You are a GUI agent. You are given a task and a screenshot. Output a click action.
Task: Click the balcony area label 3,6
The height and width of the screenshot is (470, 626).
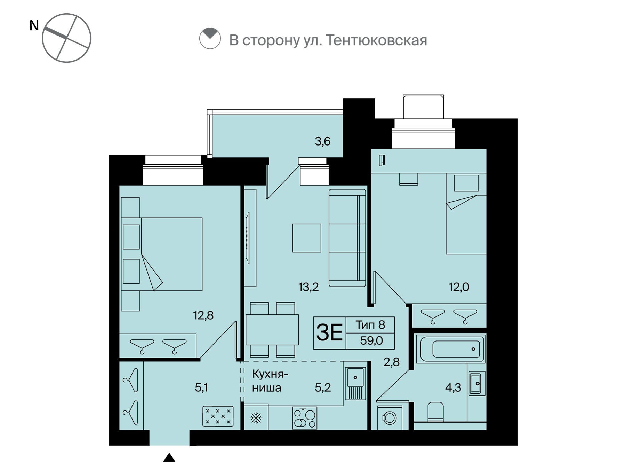pos(322,141)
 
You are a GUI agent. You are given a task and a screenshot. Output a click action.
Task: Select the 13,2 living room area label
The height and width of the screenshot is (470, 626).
pos(308,287)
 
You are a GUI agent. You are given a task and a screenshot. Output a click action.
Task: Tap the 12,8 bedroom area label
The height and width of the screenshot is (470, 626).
pos(203,315)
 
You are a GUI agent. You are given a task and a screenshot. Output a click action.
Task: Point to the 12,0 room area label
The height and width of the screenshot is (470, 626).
pos(459,287)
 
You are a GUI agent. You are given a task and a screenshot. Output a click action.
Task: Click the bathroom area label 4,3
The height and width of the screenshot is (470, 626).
pos(453,387)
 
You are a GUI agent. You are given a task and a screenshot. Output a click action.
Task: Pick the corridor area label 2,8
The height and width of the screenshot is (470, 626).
pos(391,362)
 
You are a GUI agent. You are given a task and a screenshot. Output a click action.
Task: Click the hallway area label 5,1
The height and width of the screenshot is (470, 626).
pos(201,387)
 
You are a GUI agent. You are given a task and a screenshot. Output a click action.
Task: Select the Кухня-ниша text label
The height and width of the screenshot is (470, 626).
pos(270,381)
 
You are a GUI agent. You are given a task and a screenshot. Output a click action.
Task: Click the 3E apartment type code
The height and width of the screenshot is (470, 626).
pos(329,332)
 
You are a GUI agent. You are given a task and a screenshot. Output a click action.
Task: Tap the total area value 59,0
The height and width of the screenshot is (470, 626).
pos(371,340)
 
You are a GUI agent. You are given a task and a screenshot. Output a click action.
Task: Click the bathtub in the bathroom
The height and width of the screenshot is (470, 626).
pos(450,348)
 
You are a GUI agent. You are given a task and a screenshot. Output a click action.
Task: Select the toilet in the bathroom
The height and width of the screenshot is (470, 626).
pos(435,412)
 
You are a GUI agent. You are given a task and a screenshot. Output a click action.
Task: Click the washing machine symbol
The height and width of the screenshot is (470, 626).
pos(390,417)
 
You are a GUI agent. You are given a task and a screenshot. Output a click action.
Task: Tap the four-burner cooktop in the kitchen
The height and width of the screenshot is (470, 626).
pos(305,418)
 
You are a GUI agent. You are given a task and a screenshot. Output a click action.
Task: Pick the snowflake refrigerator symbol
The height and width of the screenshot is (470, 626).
pos(256,418)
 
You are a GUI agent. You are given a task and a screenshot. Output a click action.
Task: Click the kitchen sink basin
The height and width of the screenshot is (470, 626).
pos(355,377)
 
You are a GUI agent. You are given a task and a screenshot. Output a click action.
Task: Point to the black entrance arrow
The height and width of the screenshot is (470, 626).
pos(169,457)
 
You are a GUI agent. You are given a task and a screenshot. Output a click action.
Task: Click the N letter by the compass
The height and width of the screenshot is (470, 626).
pos(34,25)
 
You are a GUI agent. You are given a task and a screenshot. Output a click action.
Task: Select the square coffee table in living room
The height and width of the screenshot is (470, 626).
pos(306,238)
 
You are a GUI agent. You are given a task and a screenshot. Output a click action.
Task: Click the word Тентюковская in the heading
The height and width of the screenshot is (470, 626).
pos(377,40)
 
